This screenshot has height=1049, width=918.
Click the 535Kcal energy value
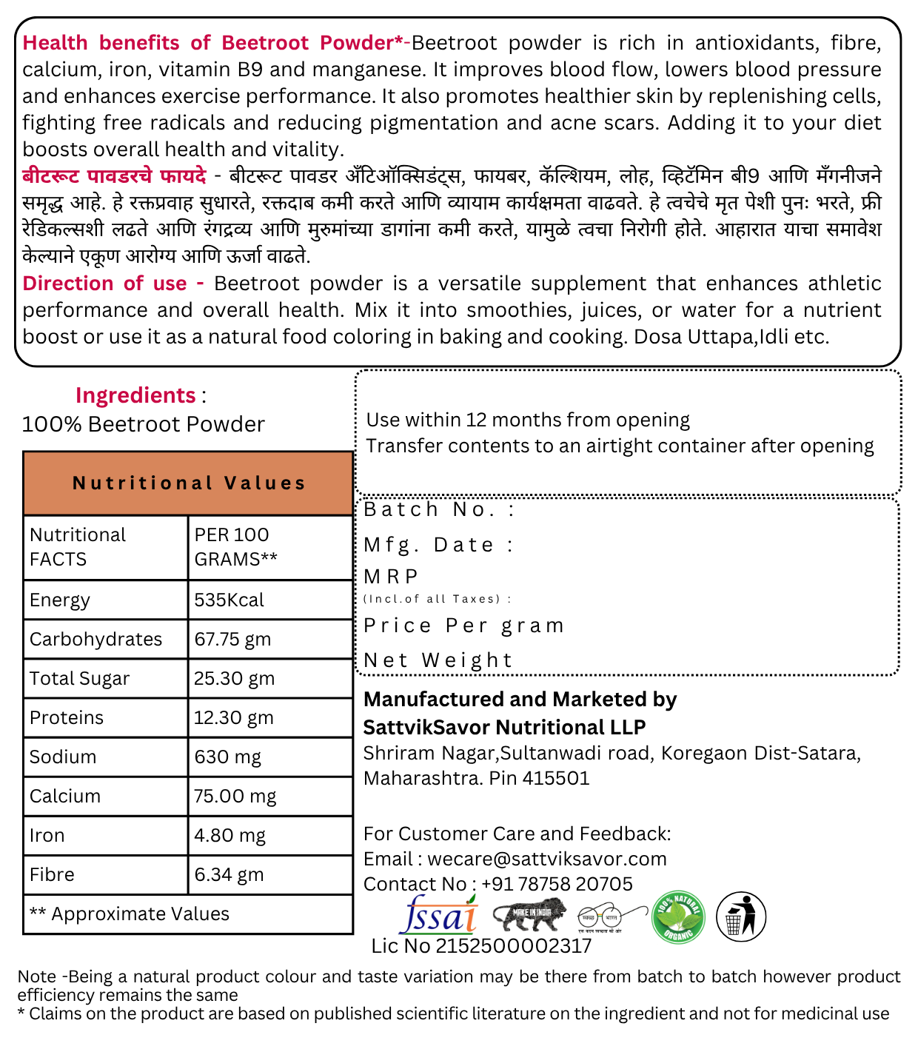[229, 600]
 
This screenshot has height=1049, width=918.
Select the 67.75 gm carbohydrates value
[232, 639]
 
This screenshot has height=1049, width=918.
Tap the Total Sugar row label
[79, 678]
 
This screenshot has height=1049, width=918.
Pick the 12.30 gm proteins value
[234, 717]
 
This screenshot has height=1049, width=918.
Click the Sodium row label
[63, 757]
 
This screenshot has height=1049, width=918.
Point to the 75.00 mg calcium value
[235, 796]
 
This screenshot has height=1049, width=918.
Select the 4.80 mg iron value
[229, 835]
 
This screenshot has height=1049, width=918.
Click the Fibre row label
[52, 874]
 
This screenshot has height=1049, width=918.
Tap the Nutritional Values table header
[188, 483]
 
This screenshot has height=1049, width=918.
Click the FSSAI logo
[438, 915]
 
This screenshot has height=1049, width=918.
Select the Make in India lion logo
[529, 915]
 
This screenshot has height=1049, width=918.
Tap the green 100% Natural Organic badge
[678, 917]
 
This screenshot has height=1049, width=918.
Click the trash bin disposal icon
[740, 917]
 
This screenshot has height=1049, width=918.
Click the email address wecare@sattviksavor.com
[547, 859]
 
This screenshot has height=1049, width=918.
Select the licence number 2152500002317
[514, 946]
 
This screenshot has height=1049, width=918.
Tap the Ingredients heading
[135, 395]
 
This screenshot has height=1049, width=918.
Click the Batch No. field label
[439, 509]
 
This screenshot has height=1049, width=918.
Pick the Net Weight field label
[438, 660]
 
